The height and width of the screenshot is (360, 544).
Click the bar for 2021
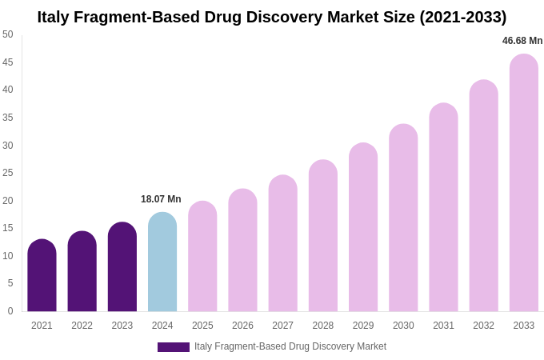point(42,276)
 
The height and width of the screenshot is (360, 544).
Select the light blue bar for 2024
point(162,262)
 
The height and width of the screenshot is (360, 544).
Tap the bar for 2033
point(524,183)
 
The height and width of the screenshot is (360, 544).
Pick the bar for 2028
point(323,236)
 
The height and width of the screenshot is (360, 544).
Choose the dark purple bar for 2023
point(122,267)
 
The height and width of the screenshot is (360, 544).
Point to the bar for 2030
point(403,218)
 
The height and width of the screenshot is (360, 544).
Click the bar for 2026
point(242,250)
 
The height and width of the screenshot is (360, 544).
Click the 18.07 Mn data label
point(161,199)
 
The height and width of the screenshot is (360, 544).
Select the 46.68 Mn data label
point(522,41)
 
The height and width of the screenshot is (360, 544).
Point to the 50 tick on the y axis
point(8,34)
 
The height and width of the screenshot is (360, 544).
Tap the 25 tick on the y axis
point(8,173)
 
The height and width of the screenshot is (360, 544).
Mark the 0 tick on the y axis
point(10,311)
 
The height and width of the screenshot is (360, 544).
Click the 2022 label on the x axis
point(82,326)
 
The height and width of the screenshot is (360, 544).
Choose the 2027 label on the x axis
point(282,326)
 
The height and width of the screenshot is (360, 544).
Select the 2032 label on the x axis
point(483,326)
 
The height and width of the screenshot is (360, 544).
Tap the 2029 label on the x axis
point(363,326)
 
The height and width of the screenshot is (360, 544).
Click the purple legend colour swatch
point(174,347)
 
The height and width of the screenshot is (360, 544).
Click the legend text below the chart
point(290,346)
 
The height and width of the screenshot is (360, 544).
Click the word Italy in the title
point(55,17)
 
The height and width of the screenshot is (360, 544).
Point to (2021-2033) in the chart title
point(463,17)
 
